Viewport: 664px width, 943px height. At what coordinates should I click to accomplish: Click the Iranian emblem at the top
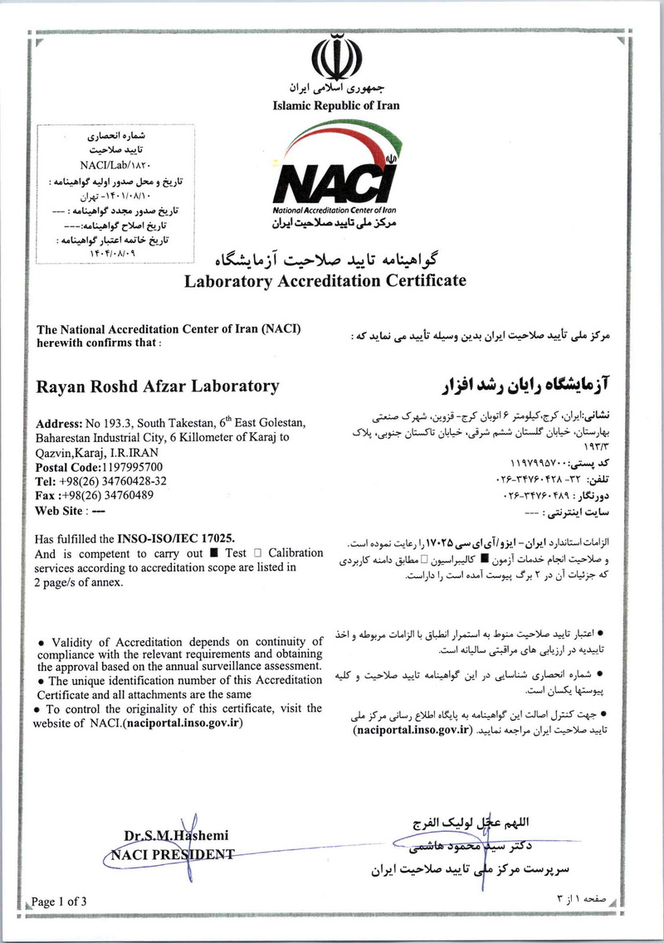click(x=337, y=56)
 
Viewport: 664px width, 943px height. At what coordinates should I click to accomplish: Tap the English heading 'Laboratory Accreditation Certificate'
click(x=325, y=280)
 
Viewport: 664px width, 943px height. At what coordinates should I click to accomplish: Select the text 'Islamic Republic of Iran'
click(x=336, y=105)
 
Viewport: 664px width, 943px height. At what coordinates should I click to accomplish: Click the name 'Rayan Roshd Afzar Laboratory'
click(x=159, y=386)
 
